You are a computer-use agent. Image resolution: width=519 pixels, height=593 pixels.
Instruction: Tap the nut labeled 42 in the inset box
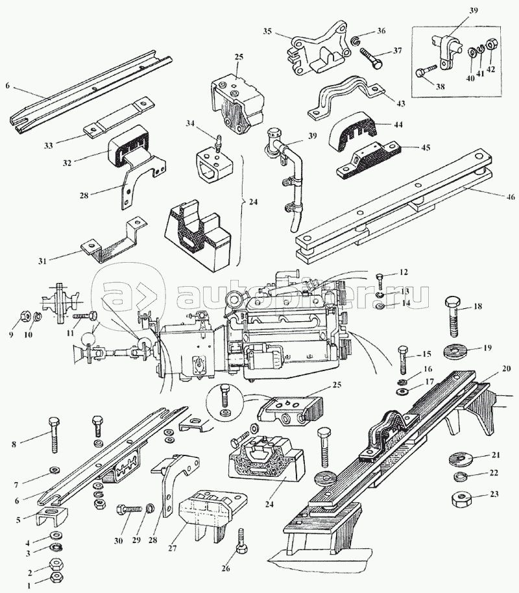[490, 45]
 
